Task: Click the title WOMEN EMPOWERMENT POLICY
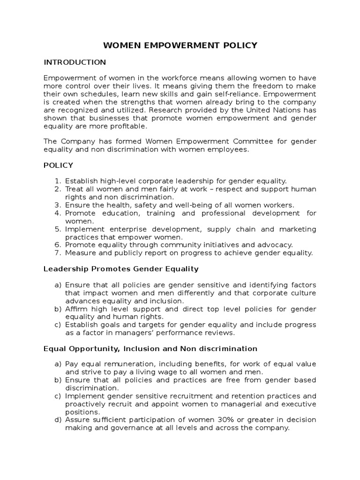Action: [x=180, y=45]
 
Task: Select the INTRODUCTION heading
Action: [x=75, y=62]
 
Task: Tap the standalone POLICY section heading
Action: [x=58, y=165]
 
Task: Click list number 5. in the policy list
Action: [x=58, y=229]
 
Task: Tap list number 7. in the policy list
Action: [x=58, y=253]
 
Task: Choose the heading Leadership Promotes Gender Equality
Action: [x=121, y=269]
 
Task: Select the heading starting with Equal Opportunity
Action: [x=150, y=349]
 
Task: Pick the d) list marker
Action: [x=58, y=420]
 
